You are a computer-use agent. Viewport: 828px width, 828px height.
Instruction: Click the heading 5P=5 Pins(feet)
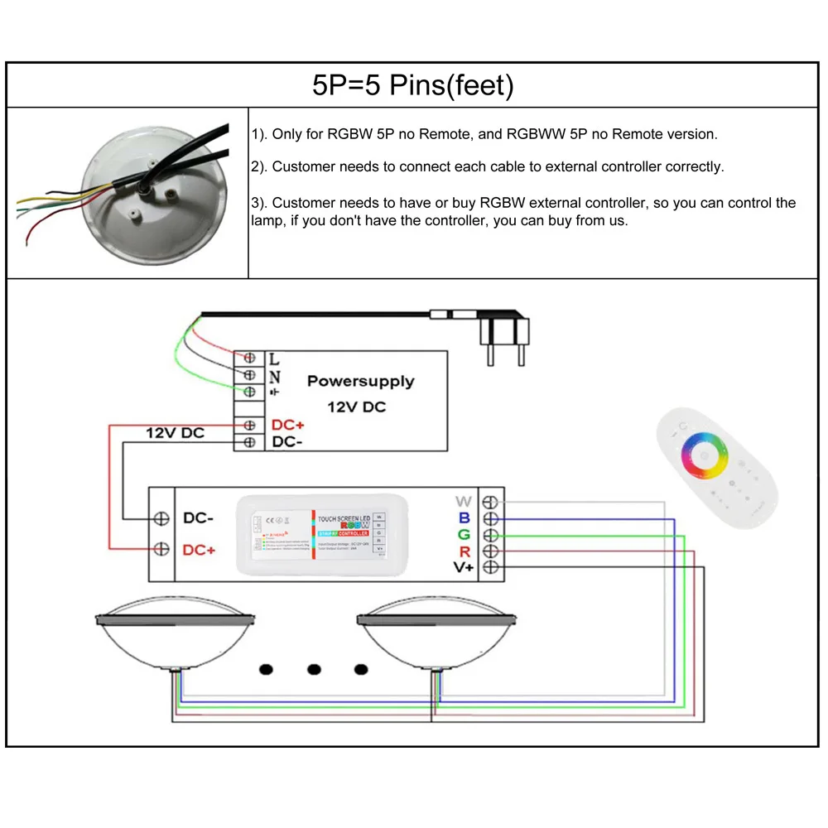412,86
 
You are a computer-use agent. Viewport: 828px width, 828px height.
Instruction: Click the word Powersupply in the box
360,382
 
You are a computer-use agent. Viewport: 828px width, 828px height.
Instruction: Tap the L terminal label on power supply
275,359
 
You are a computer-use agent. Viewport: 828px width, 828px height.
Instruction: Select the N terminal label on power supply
275,376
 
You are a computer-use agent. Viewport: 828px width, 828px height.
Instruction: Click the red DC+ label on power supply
287,426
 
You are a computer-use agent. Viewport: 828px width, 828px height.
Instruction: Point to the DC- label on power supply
287,443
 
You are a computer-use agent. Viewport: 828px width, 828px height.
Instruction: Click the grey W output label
463,502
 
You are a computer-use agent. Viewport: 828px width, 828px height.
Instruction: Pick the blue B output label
464,518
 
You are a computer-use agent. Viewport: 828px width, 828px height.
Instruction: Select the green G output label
464,534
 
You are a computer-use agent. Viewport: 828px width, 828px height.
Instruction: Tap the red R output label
465,551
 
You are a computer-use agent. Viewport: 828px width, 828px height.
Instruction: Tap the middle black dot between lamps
314,669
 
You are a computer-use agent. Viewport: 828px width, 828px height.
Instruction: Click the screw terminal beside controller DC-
162,518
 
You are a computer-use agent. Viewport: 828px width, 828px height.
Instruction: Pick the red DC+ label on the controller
199,550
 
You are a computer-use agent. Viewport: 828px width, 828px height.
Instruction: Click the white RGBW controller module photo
312,534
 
